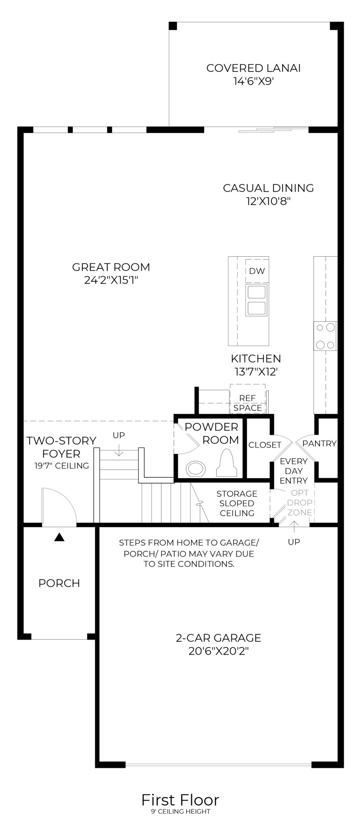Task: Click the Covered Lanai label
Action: (x=253, y=68)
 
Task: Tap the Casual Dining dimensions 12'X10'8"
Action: (x=268, y=201)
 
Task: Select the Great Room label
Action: (x=111, y=267)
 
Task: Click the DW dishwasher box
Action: (x=257, y=271)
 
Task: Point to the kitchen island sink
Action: (x=257, y=300)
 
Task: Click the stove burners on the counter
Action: (x=326, y=336)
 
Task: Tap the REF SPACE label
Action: (x=248, y=403)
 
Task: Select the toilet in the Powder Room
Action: (x=227, y=464)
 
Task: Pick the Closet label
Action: (x=265, y=445)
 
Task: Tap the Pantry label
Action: (x=320, y=443)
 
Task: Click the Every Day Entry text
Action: (x=294, y=471)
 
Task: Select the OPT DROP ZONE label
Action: (x=300, y=503)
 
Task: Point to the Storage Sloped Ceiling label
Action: (x=237, y=503)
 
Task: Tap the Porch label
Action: (x=59, y=583)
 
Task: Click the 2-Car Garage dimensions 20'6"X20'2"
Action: (x=219, y=651)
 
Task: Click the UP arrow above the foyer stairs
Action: (x=119, y=451)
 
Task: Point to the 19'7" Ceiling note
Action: (x=62, y=466)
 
